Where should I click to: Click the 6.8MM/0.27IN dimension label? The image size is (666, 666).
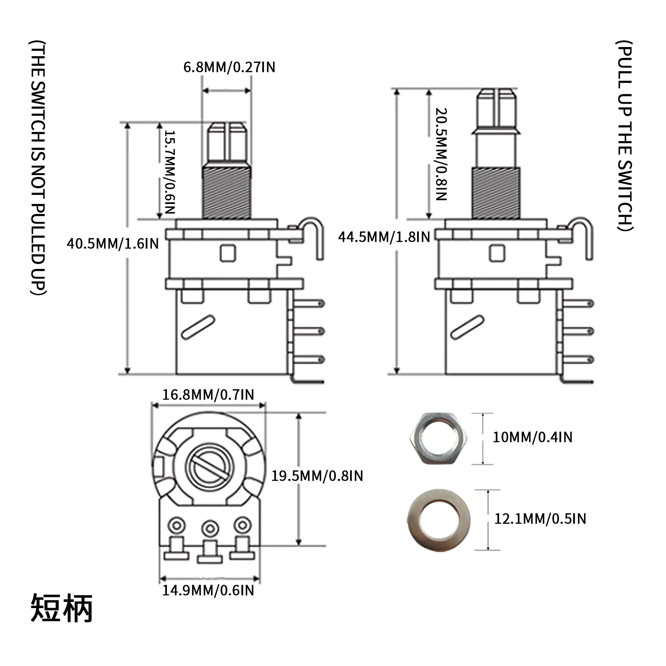pos(229,67)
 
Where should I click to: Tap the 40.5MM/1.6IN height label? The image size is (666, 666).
pos(113,244)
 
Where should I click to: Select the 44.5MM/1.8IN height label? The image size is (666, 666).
pos(384,237)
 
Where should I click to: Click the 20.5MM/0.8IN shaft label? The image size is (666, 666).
pos(441,154)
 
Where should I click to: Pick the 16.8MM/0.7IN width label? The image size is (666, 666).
pos(208,394)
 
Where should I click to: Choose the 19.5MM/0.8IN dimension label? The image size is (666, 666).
pos(317,475)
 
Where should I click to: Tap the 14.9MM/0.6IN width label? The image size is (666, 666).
pos(208,590)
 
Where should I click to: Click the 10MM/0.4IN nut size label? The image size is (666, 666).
pos(532,437)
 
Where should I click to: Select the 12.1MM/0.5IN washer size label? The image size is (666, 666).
pos(540,519)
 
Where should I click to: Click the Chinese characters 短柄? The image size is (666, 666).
pos(62,609)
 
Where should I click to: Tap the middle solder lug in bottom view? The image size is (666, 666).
pos(210,529)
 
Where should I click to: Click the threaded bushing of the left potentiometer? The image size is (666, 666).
pos(227,191)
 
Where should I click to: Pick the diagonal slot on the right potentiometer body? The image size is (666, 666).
pos(467,327)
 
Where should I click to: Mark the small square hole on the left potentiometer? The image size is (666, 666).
pos(228,253)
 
